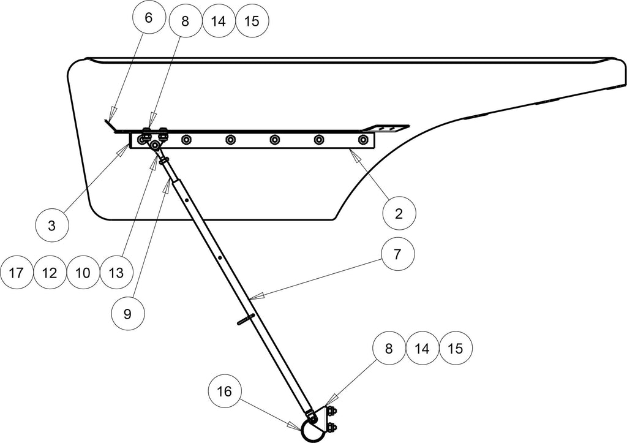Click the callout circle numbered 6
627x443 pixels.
[x=149, y=18]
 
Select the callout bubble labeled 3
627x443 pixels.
[x=52, y=225]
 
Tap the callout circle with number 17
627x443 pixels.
[x=16, y=273]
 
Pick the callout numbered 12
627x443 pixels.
[x=50, y=273]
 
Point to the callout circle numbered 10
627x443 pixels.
[x=83, y=273]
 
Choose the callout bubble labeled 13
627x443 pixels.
[x=116, y=273]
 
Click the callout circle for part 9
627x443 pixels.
[x=127, y=314]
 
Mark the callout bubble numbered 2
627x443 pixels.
[x=399, y=213]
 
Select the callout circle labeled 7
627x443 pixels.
[x=397, y=254]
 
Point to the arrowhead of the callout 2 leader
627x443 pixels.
[x=354, y=153]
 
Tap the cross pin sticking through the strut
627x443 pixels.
[x=246, y=319]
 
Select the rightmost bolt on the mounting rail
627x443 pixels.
[x=363, y=140]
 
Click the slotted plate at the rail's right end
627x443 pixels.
[x=386, y=128]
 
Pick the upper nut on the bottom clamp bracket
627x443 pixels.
[x=331, y=411]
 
